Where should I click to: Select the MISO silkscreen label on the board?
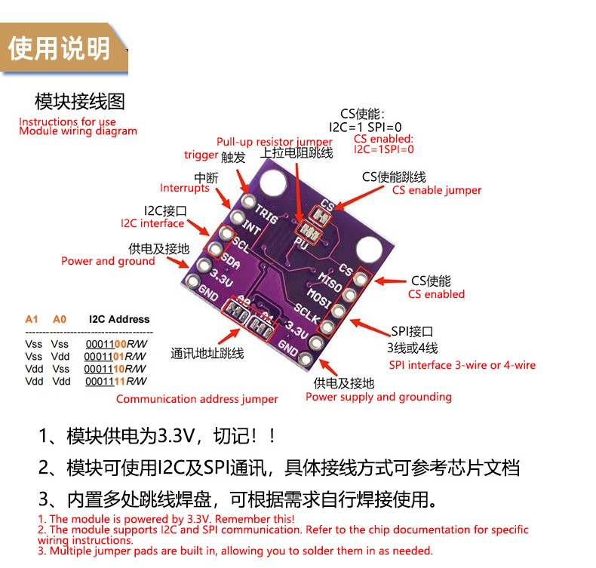click(x=331, y=281)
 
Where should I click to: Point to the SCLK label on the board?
click(x=310, y=314)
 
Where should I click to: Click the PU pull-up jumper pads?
click(x=306, y=231)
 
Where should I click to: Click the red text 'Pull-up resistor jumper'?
click(x=274, y=142)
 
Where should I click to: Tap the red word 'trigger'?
click(x=201, y=155)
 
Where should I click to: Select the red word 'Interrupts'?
click(x=185, y=188)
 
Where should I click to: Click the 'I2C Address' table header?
click(x=119, y=319)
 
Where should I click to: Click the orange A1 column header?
click(x=32, y=319)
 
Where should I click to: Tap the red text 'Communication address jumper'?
click(x=197, y=399)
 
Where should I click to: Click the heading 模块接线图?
click(x=80, y=101)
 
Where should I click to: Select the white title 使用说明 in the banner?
click(x=59, y=49)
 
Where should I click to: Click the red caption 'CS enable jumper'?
click(x=436, y=190)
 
